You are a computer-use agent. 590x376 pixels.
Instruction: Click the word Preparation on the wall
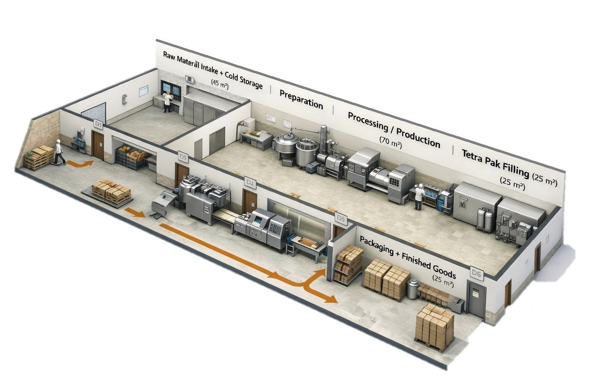[x=301, y=99]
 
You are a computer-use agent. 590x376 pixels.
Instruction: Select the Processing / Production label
[x=393, y=129]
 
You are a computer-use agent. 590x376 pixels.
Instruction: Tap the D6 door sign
[x=476, y=273]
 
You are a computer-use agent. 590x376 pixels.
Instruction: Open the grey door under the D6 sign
[x=476, y=300]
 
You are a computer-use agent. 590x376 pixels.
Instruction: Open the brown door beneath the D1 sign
[x=98, y=145]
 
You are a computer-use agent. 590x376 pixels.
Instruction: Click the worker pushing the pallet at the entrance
[x=59, y=151]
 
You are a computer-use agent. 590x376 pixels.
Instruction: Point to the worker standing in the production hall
[x=419, y=197]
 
